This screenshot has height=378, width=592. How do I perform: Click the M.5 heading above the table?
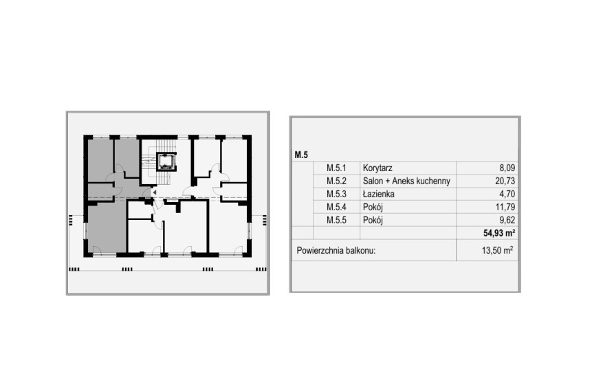tap(300, 155)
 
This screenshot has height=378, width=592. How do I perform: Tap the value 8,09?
tap(505, 168)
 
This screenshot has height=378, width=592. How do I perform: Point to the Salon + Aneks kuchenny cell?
tap(406, 181)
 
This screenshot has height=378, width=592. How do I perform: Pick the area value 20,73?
tap(503, 181)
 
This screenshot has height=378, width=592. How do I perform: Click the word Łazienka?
tap(378, 194)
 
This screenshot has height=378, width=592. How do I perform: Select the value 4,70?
tap(505, 194)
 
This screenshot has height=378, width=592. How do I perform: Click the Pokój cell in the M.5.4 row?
tap(373, 207)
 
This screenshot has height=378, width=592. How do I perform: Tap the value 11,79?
tap(503, 207)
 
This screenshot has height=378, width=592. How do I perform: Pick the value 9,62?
tap(505, 220)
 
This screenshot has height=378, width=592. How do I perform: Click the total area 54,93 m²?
tap(499, 234)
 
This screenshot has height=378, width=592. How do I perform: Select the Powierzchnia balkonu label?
tap(336, 251)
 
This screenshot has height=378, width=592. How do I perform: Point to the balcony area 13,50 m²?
tap(497, 251)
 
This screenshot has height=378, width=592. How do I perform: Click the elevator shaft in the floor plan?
tap(166, 162)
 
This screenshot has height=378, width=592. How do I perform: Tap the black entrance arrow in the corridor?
tap(155, 192)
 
